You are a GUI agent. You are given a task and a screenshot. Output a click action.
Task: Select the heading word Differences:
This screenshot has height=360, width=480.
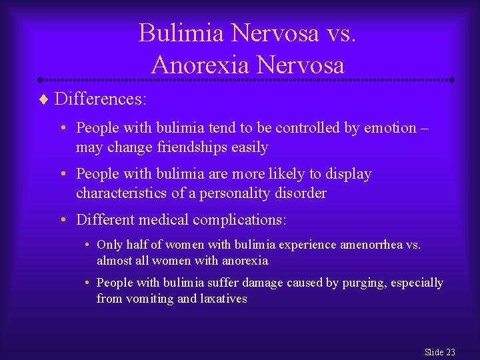pyautogui.click(x=101, y=99)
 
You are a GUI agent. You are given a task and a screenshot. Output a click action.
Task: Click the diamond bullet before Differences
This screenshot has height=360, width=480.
pyautogui.click(x=45, y=100)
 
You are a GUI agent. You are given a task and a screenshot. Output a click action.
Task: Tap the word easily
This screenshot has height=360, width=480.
pyautogui.click(x=247, y=147)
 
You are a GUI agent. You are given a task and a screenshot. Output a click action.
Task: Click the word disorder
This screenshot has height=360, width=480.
pyautogui.click(x=303, y=193)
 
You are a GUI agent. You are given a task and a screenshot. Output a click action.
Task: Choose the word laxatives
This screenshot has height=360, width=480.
pyautogui.click(x=223, y=299)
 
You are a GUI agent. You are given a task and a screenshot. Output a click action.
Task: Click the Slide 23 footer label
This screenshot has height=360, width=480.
pyautogui.click(x=439, y=351)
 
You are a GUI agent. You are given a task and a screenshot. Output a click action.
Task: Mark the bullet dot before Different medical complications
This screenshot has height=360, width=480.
pyautogui.click(x=69, y=219)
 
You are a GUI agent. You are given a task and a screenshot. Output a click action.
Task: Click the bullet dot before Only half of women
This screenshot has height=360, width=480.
pyautogui.click(x=89, y=245)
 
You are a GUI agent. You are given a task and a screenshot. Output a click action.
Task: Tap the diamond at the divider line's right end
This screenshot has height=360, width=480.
pyautogui.click(x=451, y=79)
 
